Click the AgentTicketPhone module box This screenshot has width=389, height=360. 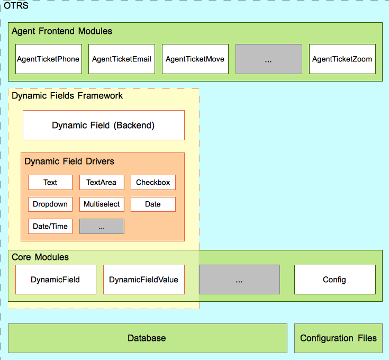(48, 59)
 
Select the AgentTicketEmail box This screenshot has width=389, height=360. (121, 59)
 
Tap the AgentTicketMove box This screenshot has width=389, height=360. (195, 59)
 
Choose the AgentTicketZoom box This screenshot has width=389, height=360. (342, 59)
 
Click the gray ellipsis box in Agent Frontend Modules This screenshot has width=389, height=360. (268, 59)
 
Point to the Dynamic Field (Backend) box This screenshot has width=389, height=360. (103, 125)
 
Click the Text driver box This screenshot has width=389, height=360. (50, 183)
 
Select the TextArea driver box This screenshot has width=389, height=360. (101, 183)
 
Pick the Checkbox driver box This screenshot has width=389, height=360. (153, 183)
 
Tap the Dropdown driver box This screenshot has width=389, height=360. (50, 204)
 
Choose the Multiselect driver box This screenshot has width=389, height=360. (101, 204)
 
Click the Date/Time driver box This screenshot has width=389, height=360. (50, 227)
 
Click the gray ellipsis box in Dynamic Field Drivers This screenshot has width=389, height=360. (102, 227)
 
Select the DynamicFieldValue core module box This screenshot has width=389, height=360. (143, 280)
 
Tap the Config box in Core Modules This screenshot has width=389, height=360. (334, 280)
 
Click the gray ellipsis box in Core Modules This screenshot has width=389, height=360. (239, 280)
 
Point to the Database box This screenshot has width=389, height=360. (147, 338)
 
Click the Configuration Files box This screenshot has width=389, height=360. (338, 338)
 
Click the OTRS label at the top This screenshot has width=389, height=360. (16, 6)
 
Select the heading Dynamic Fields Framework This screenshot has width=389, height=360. (67, 96)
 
